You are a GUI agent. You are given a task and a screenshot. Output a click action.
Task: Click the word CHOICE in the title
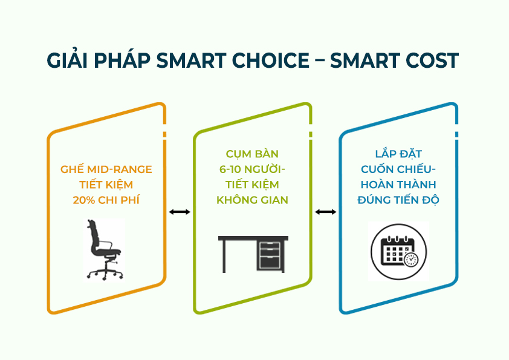271,61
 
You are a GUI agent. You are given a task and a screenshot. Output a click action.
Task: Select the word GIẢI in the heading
67,60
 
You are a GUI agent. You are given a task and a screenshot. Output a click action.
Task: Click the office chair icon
105,249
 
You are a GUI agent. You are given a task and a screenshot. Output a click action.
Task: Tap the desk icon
253,254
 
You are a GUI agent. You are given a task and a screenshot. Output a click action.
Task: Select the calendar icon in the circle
398,252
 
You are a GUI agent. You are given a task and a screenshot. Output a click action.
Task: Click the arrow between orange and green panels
180,212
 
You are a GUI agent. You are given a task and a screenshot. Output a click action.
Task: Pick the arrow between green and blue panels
326,212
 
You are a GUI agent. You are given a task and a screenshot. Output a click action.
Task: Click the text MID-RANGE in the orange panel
119,169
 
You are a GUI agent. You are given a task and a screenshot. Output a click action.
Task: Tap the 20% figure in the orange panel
84,200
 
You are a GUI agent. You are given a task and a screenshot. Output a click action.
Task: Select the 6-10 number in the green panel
230,169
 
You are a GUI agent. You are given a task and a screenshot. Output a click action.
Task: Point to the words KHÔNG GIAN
252,200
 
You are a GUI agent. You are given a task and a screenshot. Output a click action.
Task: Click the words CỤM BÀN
252,154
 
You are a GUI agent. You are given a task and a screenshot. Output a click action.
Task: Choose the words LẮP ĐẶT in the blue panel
398,153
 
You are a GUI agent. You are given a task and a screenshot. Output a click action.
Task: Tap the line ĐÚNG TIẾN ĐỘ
398,200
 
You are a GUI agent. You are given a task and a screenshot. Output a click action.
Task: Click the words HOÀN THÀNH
398,185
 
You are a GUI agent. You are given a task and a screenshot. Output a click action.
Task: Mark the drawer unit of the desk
270,255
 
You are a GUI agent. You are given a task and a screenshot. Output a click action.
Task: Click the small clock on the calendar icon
411,260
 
